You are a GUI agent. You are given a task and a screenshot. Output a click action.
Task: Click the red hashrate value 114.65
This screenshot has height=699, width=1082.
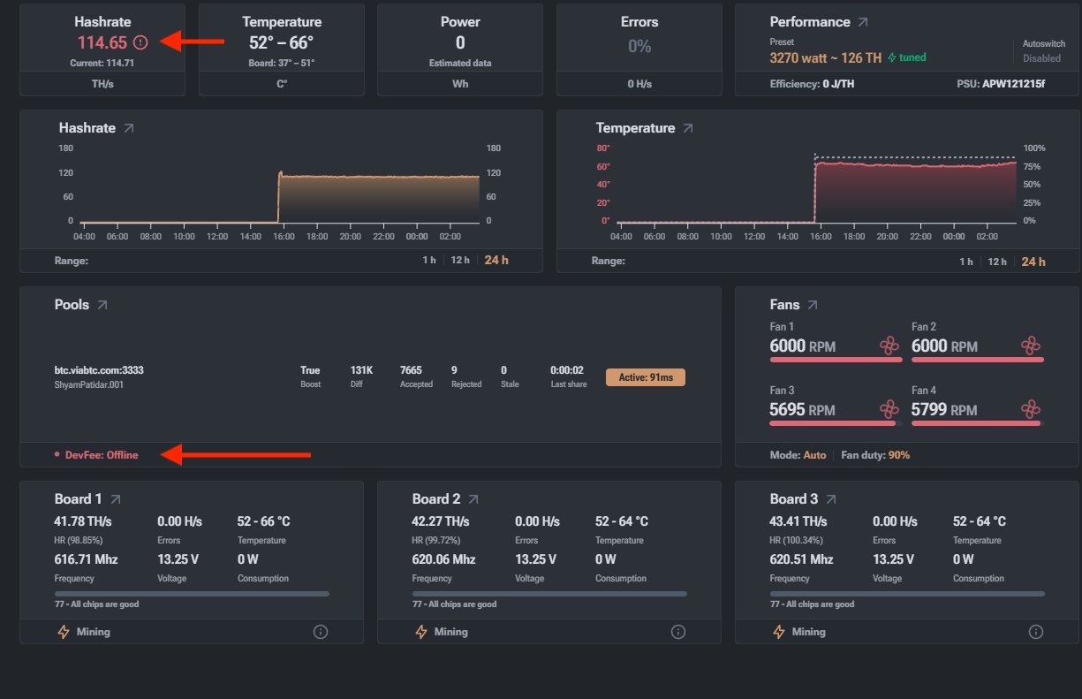tap(102, 42)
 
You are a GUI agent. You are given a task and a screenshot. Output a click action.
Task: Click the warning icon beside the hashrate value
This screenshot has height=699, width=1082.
tap(140, 42)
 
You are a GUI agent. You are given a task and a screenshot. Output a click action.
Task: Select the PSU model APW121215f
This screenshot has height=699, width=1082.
tap(1013, 84)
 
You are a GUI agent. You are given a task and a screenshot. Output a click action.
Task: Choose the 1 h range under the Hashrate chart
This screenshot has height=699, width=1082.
tap(429, 260)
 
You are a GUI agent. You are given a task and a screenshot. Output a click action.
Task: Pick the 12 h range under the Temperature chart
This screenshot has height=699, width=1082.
tap(997, 262)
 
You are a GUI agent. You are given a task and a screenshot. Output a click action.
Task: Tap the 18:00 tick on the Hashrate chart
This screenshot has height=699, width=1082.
tap(317, 236)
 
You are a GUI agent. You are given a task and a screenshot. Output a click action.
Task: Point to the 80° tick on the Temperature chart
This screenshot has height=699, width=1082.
tap(602, 148)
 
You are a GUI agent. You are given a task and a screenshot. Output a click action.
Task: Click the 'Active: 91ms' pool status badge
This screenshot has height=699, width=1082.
tap(646, 377)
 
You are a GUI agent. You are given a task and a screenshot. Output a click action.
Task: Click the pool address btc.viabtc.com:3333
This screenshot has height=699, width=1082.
tap(99, 370)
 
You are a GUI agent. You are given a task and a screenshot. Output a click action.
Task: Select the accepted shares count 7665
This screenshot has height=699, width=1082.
tap(411, 369)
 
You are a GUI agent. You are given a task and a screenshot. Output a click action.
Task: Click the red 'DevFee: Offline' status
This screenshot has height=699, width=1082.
tap(102, 455)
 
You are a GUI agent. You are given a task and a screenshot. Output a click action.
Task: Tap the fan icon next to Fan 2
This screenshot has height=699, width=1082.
tap(1031, 346)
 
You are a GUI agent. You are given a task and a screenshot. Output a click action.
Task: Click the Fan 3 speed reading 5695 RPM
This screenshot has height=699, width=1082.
tap(802, 410)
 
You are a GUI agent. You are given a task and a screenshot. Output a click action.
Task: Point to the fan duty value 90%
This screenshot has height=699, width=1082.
tap(899, 455)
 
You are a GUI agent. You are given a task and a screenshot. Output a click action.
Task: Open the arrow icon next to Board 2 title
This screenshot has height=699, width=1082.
tap(473, 499)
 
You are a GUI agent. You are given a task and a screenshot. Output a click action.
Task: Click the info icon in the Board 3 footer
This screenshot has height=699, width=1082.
tap(1035, 632)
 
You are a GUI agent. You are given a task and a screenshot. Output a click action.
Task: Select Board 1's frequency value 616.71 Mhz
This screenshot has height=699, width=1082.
tap(86, 559)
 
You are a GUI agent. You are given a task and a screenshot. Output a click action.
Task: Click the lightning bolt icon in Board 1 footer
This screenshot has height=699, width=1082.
tap(64, 632)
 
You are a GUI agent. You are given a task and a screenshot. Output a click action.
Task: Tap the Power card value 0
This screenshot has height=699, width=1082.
tap(460, 42)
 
